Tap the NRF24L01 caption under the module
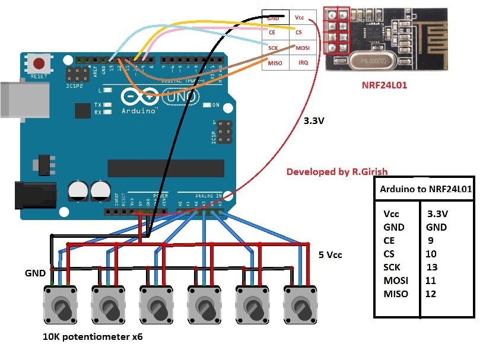tap(385, 85)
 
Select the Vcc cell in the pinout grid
tap(300, 18)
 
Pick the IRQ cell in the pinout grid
tap(303, 62)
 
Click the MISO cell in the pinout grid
tap(275, 62)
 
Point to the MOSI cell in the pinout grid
tap(303, 47)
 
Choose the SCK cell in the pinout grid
tap(274, 47)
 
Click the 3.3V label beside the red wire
tap(313, 120)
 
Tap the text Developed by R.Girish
tap(336, 171)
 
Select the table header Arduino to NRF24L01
tap(425, 190)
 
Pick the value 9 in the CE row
tap(431, 241)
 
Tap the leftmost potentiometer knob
tap(61, 306)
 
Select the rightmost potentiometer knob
tap(300, 306)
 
